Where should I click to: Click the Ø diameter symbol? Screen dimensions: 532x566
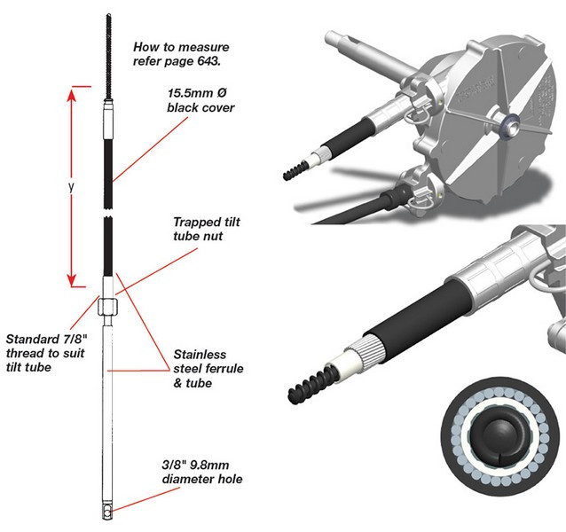pyautogui.click(x=223, y=92)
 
